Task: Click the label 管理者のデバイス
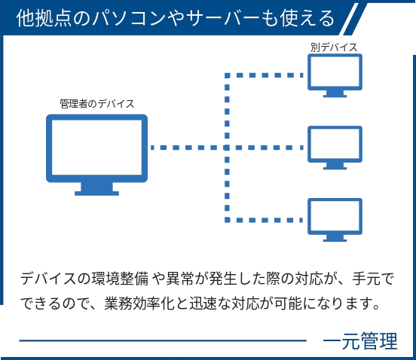[x=96, y=104]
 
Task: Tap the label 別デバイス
[x=334, y=47]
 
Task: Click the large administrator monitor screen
[x=96, y=148]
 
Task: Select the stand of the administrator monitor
[x=96, y=189]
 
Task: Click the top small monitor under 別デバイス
[x=335, y=75]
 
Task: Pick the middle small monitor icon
[x=335, y=148]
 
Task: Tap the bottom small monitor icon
[x=335, y=220]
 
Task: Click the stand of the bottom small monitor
[x=335, y=238]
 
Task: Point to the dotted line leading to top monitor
[x=264, y=75]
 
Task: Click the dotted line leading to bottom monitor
[x=264, y=220]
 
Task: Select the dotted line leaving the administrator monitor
[x=188, y=148]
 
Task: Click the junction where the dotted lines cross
[x=227, y=148]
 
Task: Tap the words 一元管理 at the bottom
[x=360, y=341]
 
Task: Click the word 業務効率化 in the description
[x=139, y=304]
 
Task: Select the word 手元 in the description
[x=366, y=279]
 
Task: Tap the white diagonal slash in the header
[x=353, y=19]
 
